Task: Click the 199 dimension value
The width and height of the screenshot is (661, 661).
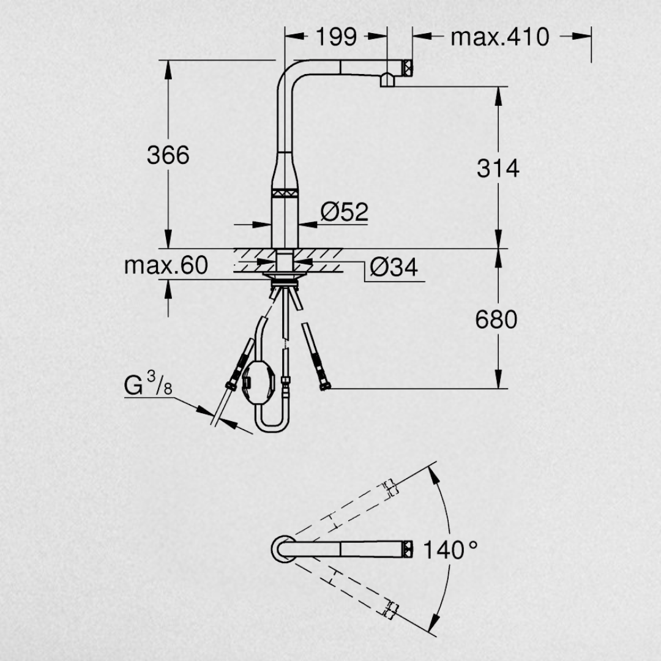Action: [x=336, y=37]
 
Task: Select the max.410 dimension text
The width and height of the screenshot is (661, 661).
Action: [x=500, y=37]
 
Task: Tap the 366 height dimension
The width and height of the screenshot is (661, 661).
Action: [x=168, y=155]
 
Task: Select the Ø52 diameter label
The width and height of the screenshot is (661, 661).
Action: [x=345, y=211]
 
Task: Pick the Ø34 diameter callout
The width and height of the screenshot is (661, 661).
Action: [x=394, y=267]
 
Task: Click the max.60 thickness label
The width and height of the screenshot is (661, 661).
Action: [x=166, y=265]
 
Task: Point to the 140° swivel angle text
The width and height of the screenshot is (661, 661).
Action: [x=450, y=550]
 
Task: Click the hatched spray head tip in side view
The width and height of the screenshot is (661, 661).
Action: [x=408, y=68]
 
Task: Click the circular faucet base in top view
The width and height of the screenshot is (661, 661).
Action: [x=283, y=549]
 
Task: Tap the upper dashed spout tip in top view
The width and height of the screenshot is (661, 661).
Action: [x=390, y=487]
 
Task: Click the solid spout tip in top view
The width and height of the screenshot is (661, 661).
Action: [x=408, y=549]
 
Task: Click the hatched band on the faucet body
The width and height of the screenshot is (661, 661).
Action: [x=285, y=193]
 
